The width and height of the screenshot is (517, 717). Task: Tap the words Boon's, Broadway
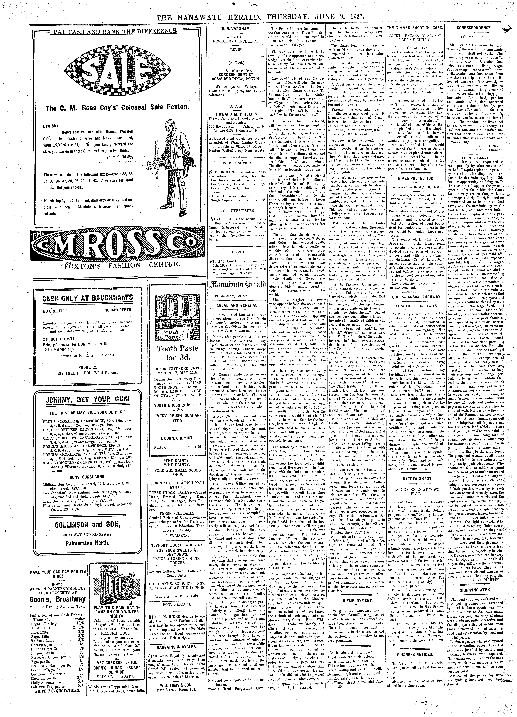coord(58,599)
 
